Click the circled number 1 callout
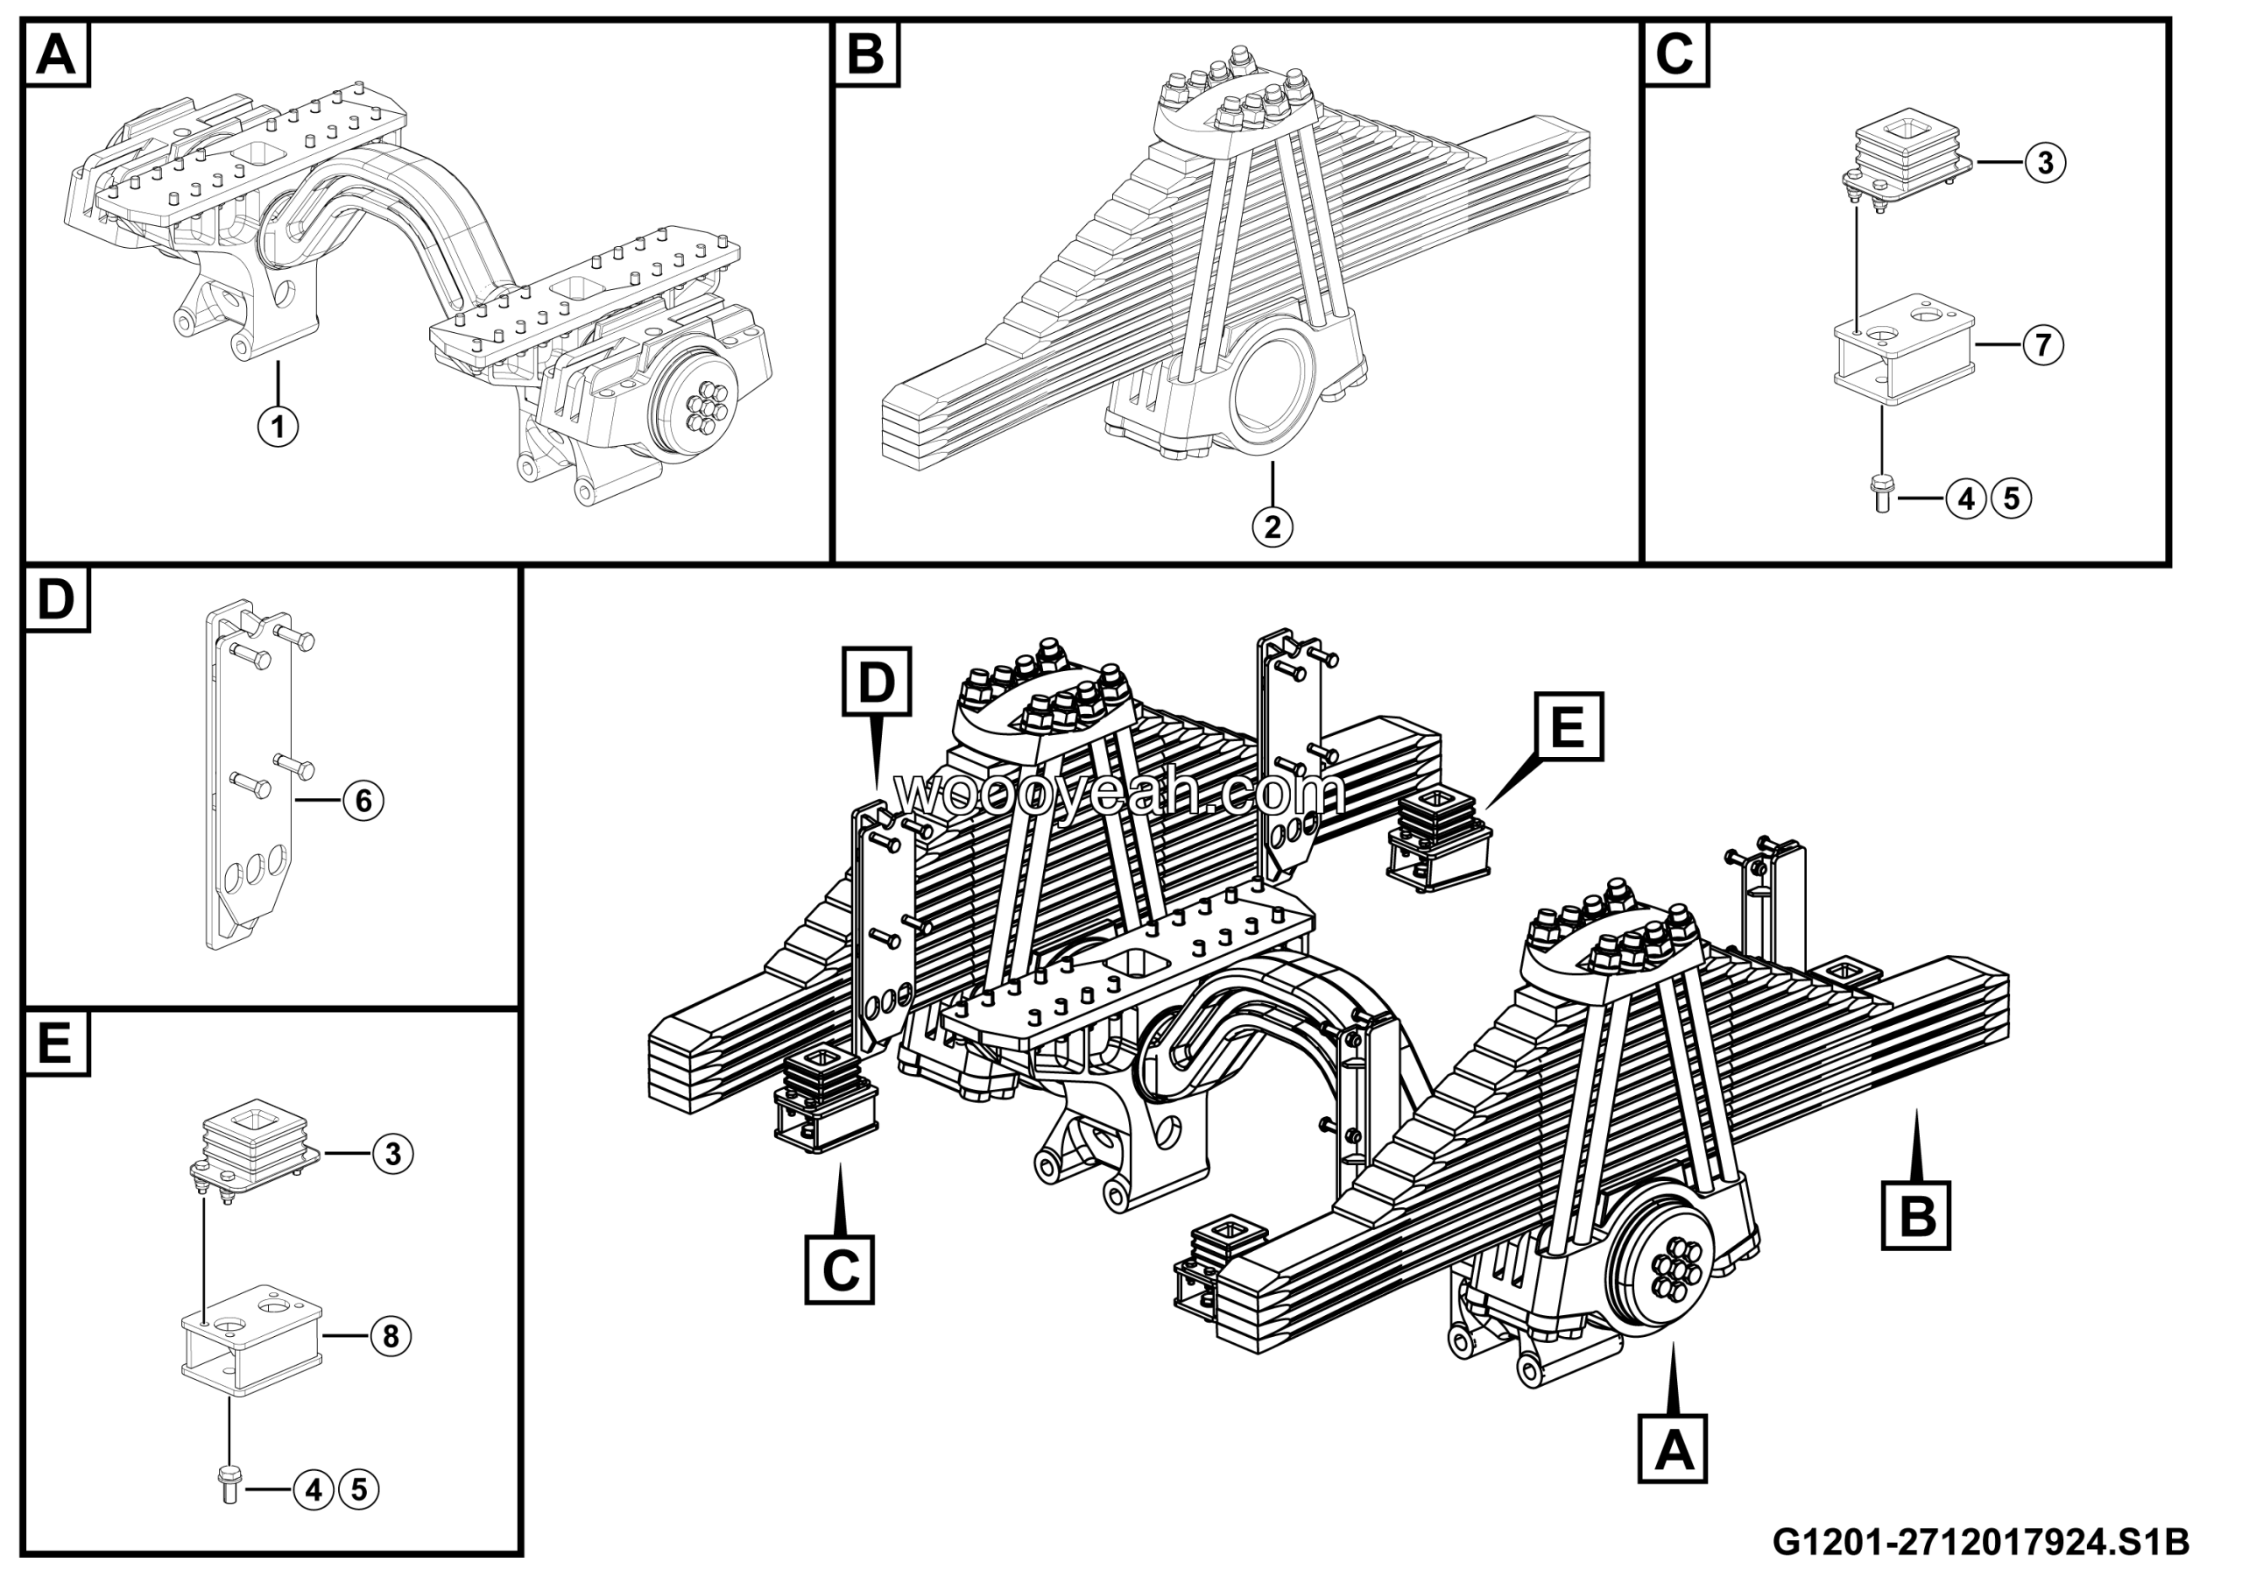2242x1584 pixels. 278,427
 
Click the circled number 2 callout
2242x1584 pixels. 1273,527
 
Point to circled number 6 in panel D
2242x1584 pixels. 363,801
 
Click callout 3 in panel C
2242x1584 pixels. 2045,162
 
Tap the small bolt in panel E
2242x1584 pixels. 230,1487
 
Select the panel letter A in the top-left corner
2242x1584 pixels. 56,54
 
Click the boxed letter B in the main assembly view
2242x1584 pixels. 1916,1216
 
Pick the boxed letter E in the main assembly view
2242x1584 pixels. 1568,726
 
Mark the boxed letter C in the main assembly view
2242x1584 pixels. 840,1269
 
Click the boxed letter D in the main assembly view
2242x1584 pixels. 876,681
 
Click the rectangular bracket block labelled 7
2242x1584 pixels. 1904,357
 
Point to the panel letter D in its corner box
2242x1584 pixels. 56,598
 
